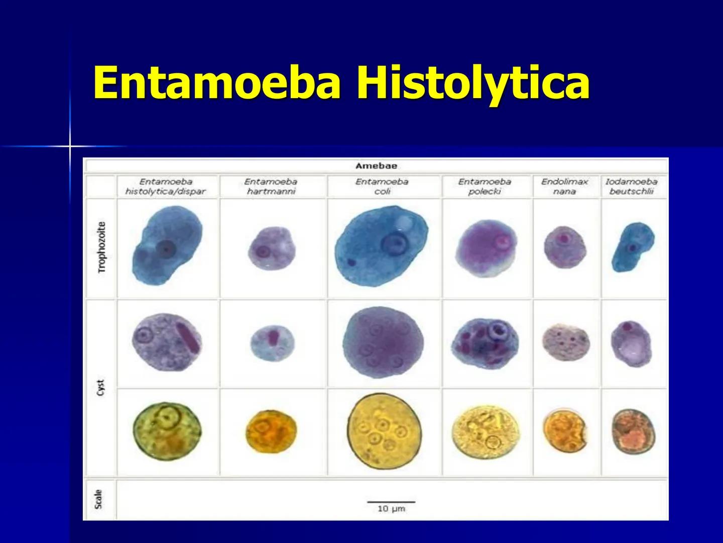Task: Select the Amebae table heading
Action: tap(376, 166)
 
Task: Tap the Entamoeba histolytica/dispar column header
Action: tap(166, 187)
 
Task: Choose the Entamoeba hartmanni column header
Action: tap(271, 187)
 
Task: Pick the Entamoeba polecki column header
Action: tap(485, 187)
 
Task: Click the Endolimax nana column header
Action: tap(564, 187)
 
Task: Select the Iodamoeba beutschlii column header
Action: tap(631, 187)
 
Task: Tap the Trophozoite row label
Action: tap(102, 247)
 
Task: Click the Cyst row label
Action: tap(101, 387)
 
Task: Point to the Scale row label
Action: tap(99, 499)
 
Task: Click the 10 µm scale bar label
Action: tap(391, 509)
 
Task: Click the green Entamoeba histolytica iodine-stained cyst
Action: tap(167, 430)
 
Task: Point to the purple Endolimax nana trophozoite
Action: tap(565, 246)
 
